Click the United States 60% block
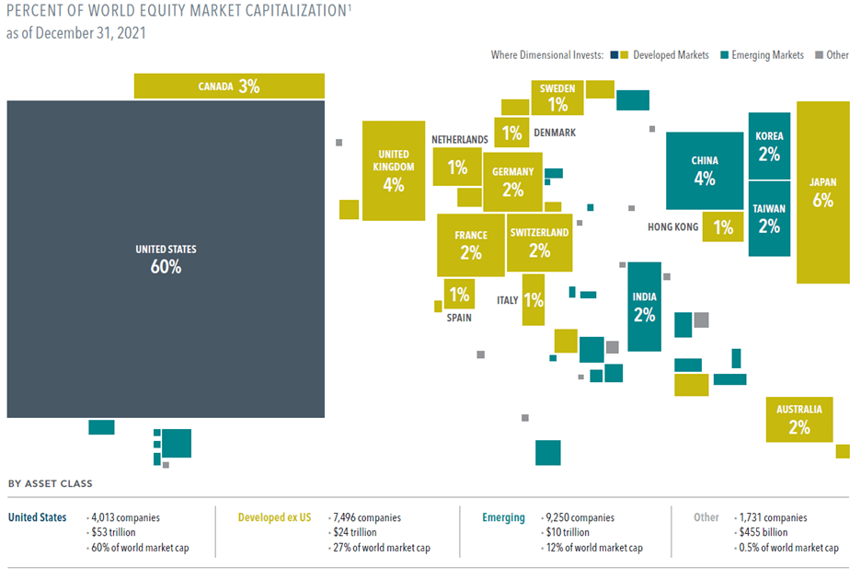pyautogui.click(x=166, y=260)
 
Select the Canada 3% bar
pyautogui.click(x=229, y=87)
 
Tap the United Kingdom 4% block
pyautogui.click(x=393, y=171)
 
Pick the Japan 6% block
pyautogui.click(x=822, y=191)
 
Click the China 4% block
pyautogui.click(x=705, y=171)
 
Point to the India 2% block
pyautogui.click(x=644, y=307)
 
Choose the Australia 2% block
pyautogui.click(x=798, y=419)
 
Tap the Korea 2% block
pyautogui.click(x=769, y=146)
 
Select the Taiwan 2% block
pyautogui.click(x=769, y=218)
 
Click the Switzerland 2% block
pyautogui.click(x=539, y=242)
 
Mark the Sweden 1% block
pyautogui.click(x=557, y=98)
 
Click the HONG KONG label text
pyautogui.click(x=672, y=227)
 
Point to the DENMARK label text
pyautogui.click(x=555, y=133)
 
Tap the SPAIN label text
pyautogui.click(x=459, y=318)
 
